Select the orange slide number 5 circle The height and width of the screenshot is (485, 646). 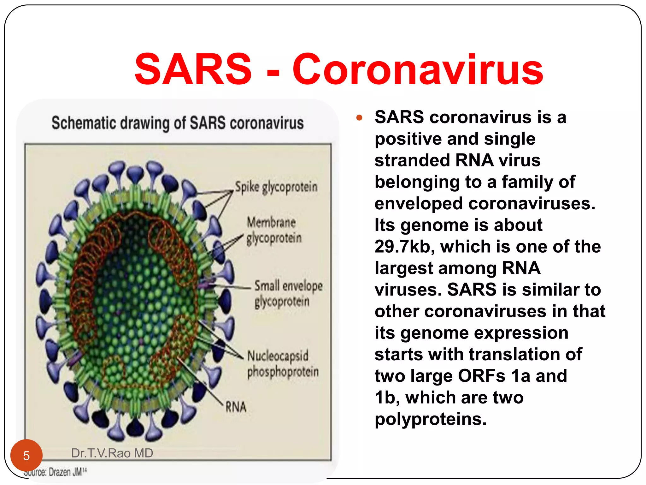pos(26,455)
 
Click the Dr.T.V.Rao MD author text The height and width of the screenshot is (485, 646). pos(112,453)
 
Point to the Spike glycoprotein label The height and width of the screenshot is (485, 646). pos(276,187)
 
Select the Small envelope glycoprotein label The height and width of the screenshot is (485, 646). pos(288,294)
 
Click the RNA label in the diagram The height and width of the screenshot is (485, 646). pos(236,407)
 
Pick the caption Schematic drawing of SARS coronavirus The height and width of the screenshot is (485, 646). pos(178,123)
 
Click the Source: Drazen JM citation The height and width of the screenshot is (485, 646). pos(55,472)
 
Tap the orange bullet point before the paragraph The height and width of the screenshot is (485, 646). pos(359,118)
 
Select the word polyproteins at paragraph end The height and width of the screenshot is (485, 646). pos(431,419)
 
